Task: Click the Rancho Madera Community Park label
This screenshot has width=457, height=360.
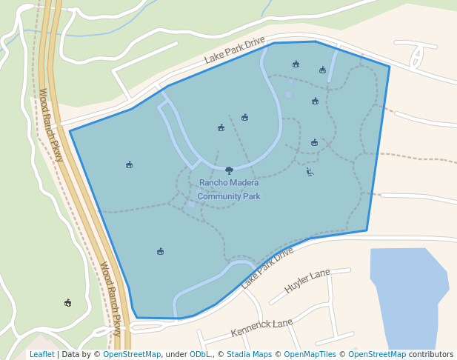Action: [x=229, y=190]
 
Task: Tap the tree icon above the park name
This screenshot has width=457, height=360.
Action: [x=229, y=170]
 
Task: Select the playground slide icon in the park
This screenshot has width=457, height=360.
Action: [x=310, y=173]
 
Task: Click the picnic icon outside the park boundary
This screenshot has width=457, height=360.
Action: [x=68, y=303]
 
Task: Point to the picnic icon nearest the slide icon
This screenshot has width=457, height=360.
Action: [x=314, y=142]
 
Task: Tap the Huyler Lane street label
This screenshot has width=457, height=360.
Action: [x=307, y=281]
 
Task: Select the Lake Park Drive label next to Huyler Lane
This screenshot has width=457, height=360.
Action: [x=267, y=267]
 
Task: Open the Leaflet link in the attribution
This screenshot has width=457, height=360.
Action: [x=41, y=355]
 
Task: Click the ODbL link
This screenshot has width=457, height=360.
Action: [x=199, y=355]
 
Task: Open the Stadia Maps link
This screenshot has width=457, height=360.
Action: [x=249, y=355]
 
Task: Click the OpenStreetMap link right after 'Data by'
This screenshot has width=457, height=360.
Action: [x=132, y=355]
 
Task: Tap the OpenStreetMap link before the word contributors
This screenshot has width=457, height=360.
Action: [x=377, y=355]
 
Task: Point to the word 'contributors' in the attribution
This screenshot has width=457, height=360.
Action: [x=431, y=355]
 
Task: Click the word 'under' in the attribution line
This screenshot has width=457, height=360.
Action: [x=176, y=355]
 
